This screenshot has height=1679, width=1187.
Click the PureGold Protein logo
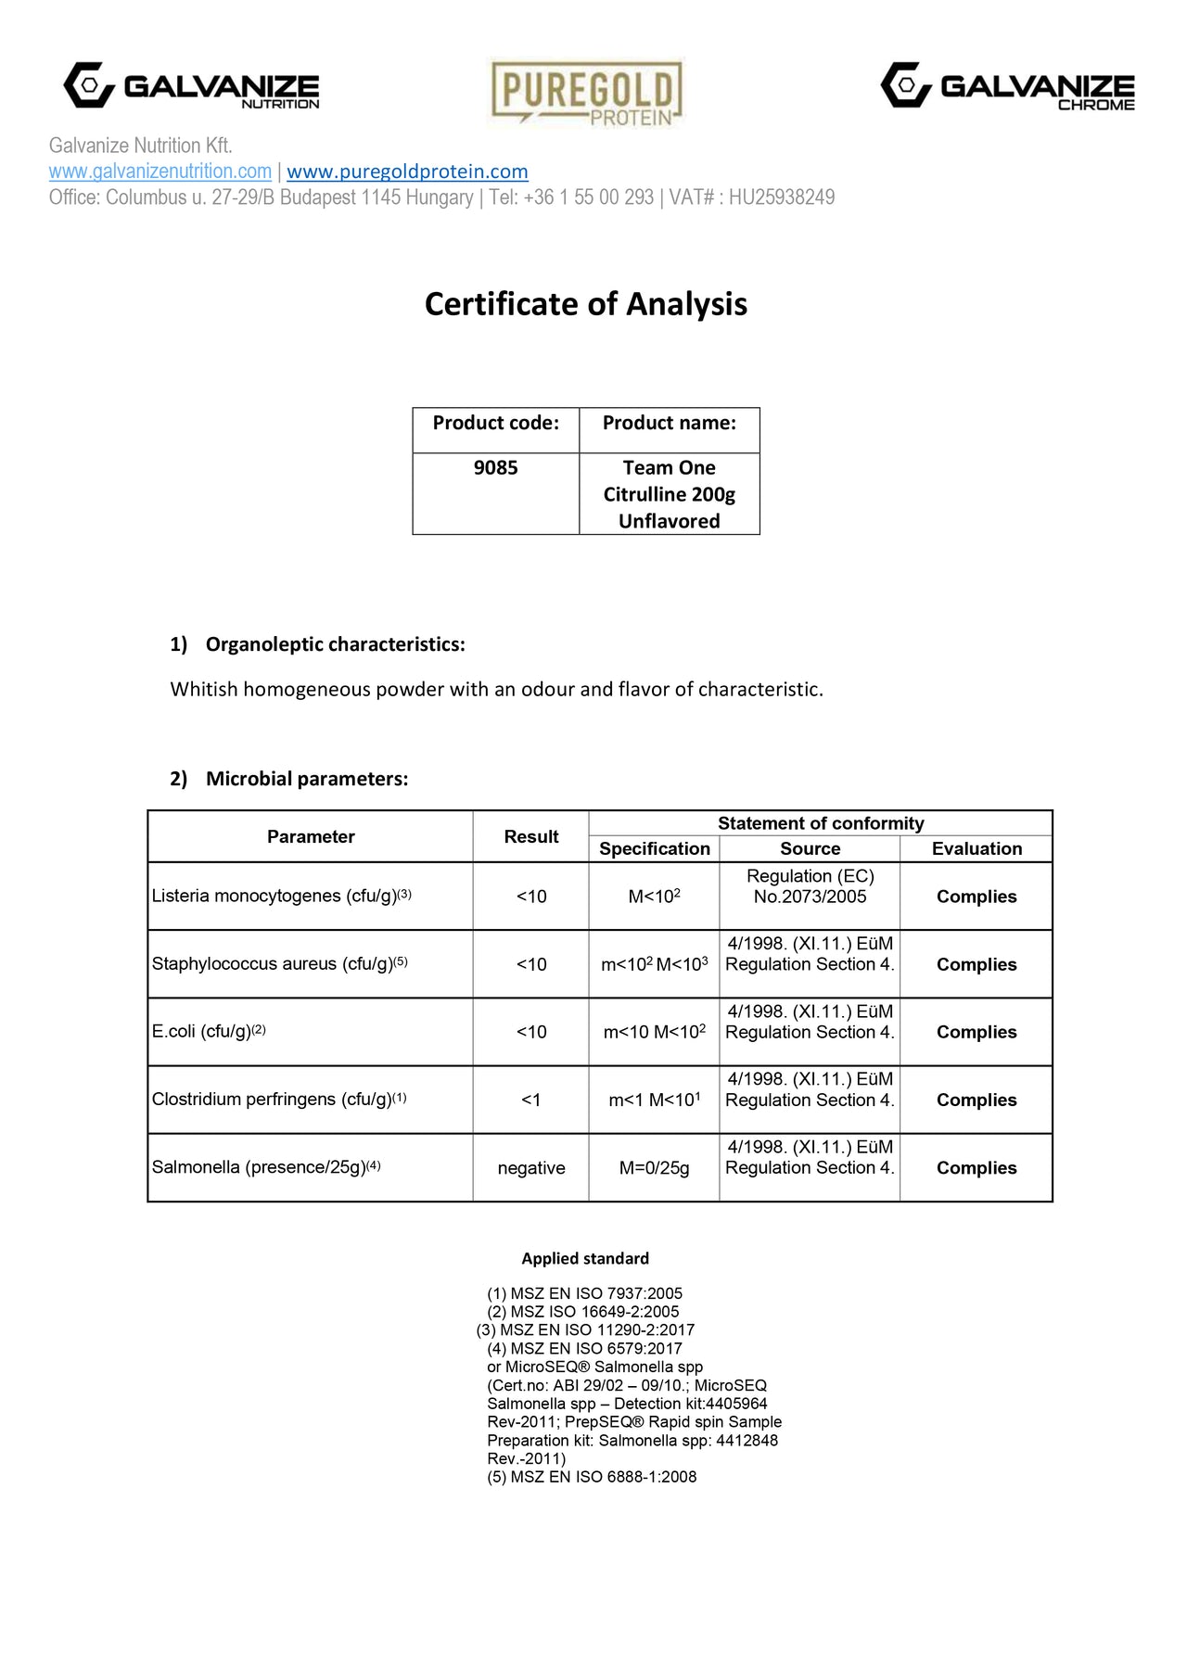pos(586,93)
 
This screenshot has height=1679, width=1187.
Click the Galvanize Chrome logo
pos(1007,86)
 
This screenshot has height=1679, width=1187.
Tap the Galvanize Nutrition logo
pos(191,86)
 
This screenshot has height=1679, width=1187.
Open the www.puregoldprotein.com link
pos(407,172)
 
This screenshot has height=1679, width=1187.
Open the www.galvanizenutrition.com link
pos(160,172)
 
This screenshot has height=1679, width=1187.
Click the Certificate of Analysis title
pos(586,304)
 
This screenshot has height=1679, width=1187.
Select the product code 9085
pos(495,468)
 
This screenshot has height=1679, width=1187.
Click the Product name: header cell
pos(669,424)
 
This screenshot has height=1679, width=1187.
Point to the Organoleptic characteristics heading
pos(335,644)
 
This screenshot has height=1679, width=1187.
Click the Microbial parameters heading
pos(306,779)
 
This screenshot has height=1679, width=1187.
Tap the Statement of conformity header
pos(821,823)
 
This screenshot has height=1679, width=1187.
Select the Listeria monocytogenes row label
pos(281,897)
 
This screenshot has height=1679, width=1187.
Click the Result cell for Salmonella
pos(530,1168)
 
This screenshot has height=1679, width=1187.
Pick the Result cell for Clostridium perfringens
pos(530,1100)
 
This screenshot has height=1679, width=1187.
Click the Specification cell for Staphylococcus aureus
pos(654,964)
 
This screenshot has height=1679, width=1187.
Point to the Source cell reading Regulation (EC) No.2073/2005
pos(810,886)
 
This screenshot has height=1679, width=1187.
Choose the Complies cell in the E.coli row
pos(976,1032)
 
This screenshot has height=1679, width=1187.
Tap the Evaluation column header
pos(976,848)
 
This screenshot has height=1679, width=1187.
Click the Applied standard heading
pos(585,1258)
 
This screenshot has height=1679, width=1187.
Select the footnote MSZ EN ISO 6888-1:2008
pos(592,1477)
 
